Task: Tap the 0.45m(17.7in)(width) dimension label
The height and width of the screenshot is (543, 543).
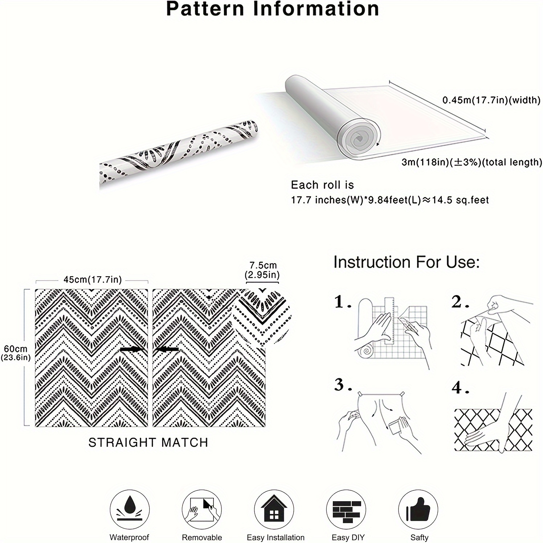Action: [491, 100]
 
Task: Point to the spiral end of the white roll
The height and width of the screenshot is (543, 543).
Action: [359, 139]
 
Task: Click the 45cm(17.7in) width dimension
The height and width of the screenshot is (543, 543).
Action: [93, 279]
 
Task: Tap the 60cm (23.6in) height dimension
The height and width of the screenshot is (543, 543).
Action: [16, 353]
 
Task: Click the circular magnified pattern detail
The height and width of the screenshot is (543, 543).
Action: [261, 315]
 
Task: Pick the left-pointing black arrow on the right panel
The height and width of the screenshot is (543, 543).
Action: [166, 349]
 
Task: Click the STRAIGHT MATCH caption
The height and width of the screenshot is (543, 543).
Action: [148, 442]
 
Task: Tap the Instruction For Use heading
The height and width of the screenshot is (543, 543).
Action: [407, 262]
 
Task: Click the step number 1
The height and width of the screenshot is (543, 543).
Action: [343, 302]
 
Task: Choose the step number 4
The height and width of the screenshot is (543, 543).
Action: [461, 388]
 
